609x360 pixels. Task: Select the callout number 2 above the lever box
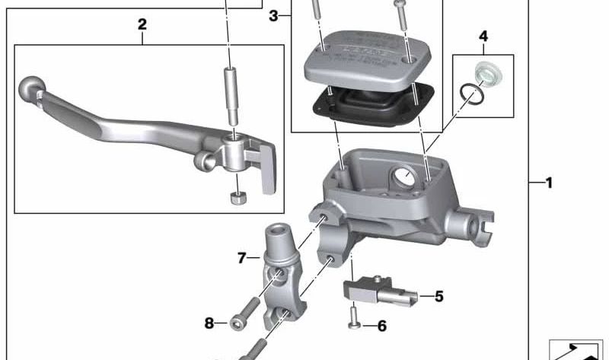click(142, 25)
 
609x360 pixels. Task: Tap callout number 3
click(274, 15)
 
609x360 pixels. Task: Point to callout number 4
click(483, 36)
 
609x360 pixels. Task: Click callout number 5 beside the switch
click(439, 296)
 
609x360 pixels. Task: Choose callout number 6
click(381, 326)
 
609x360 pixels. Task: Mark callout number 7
click(242, 258)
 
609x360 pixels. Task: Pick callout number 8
click(210, 323)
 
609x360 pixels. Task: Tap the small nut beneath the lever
click(237, 199)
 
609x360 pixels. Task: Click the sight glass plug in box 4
click(483, 73)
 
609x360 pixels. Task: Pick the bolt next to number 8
click(238, 323)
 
